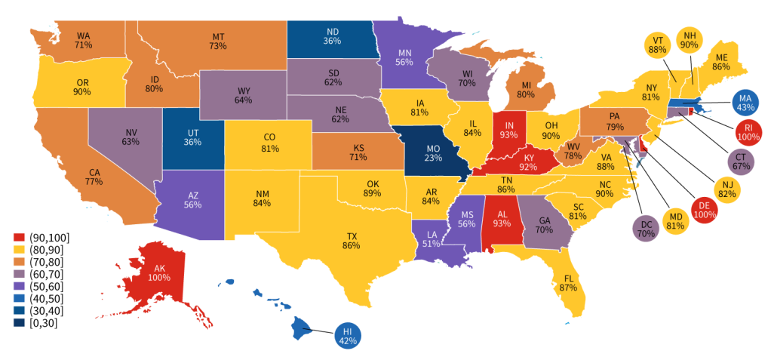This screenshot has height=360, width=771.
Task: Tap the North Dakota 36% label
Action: tap(332, 37)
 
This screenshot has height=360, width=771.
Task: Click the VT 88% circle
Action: tap(657, 45)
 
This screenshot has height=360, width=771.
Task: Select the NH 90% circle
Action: tap(690, 39)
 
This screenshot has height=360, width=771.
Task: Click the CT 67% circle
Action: tap(740, 161)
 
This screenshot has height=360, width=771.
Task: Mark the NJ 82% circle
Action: tap(726, 189)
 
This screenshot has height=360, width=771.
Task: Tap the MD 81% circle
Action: tap(676, 221)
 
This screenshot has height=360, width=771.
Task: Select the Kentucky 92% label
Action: tap(526, 162)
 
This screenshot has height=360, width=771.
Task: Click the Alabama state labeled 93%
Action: tap(499, 219)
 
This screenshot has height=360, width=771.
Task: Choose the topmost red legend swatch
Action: tap(20, 236)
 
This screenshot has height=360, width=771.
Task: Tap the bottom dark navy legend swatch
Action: tap(20, 322)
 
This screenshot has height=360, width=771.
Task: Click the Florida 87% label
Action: tap(570, 283)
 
